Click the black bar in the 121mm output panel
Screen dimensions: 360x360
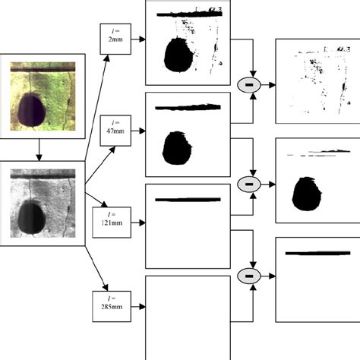[188, 201]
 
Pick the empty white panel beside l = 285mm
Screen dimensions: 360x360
[187, 316]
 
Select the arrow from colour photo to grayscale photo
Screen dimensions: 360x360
[39, 149]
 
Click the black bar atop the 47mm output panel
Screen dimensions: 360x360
[188, 107]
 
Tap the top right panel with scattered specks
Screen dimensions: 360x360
[316, 81]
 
